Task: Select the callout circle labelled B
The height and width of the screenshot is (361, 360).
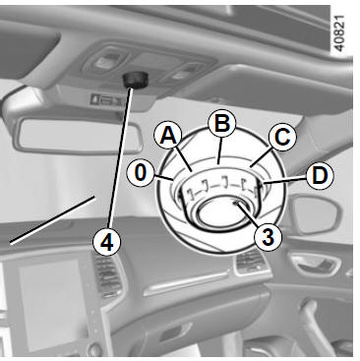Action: tap(222, 124)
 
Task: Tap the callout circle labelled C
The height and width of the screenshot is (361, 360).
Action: tap(282, 137)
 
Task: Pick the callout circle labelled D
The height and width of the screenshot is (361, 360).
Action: tap(320, 175)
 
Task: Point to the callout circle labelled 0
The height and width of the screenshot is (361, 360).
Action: tap(140, 173)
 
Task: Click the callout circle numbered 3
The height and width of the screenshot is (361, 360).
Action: tap(268, 237)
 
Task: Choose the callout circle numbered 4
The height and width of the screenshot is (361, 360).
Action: tap(106, 243)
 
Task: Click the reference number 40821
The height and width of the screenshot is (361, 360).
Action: tap(339, 33)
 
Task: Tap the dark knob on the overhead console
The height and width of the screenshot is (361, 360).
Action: tap(135, 80)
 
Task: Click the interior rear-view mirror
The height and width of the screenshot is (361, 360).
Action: tap(78, 135)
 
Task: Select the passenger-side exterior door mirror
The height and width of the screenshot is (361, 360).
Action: tap(314, 213)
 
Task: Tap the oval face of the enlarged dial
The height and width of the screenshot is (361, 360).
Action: tap(220, 212)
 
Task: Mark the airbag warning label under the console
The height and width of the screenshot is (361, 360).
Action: tap(106, 99)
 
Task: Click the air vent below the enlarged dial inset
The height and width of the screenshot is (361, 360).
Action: tap(251, 262)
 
